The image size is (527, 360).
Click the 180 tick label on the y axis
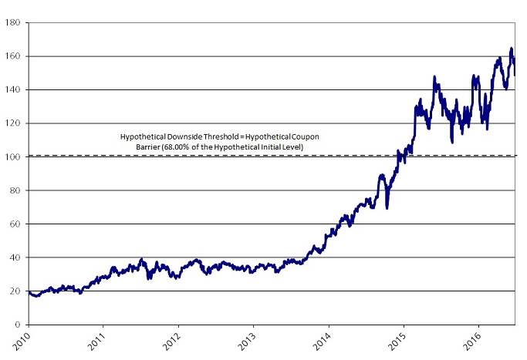[x=12, y=23]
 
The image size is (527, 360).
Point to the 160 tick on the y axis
[x=12, y=56]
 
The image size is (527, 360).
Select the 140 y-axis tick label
[x=12, y=90]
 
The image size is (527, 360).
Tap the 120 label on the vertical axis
[x=12, y=123]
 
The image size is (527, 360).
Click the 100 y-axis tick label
[x=12, y=156]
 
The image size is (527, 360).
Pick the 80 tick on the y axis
[x=14, y=190]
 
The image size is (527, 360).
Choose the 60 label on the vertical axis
[x=14, y=224]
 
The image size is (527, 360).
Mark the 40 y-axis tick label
[x=14, y=257]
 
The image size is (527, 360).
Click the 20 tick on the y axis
[x=14, y=291]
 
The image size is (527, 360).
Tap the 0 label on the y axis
[x=16, y=325]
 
